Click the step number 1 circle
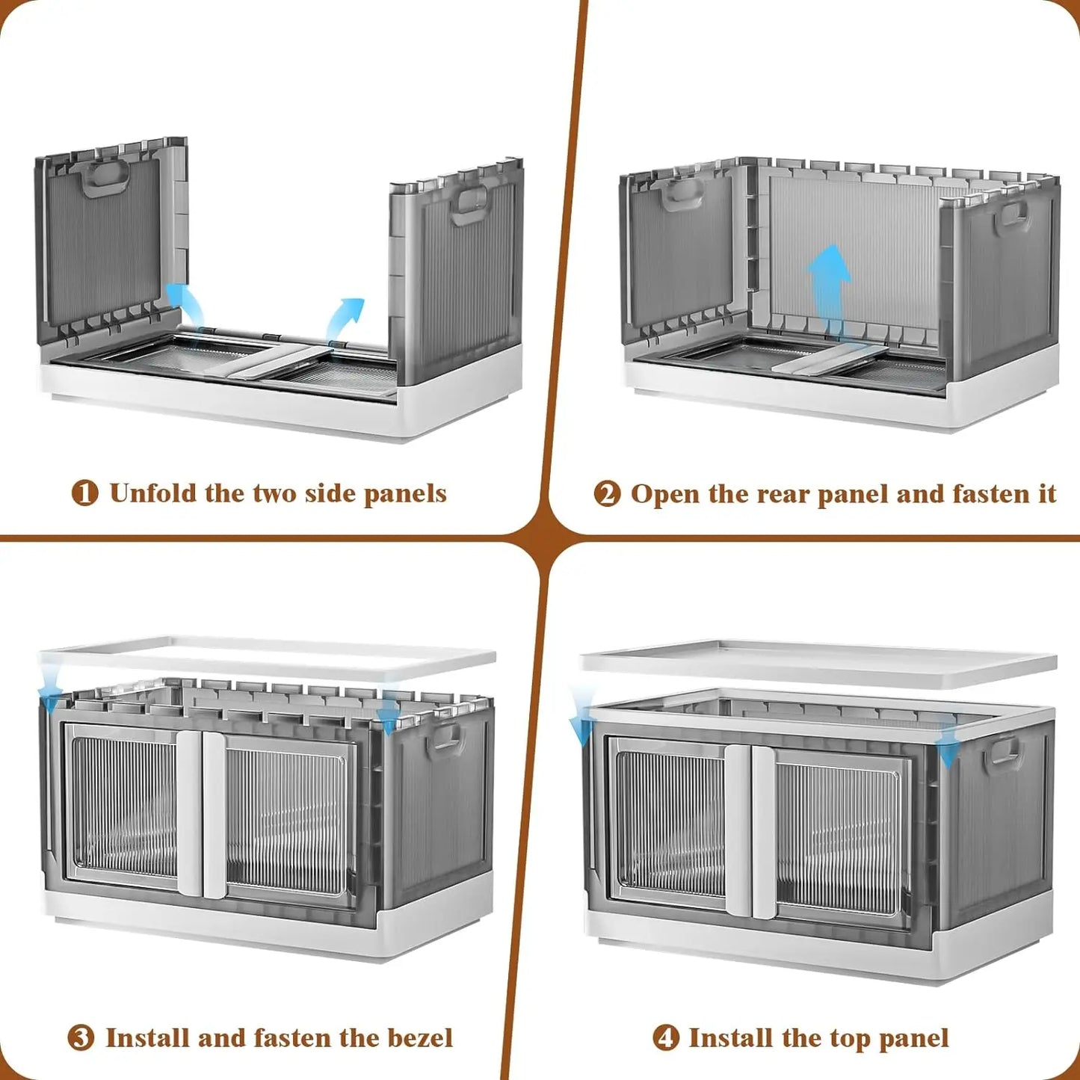(84, 493)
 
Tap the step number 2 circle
(607, 493)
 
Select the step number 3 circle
(81, 1038)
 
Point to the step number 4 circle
(665, 1038)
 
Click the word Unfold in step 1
(152, 493)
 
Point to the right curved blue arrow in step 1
(345, 318)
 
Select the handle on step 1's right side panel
(469, 204)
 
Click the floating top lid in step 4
(818, 663)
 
